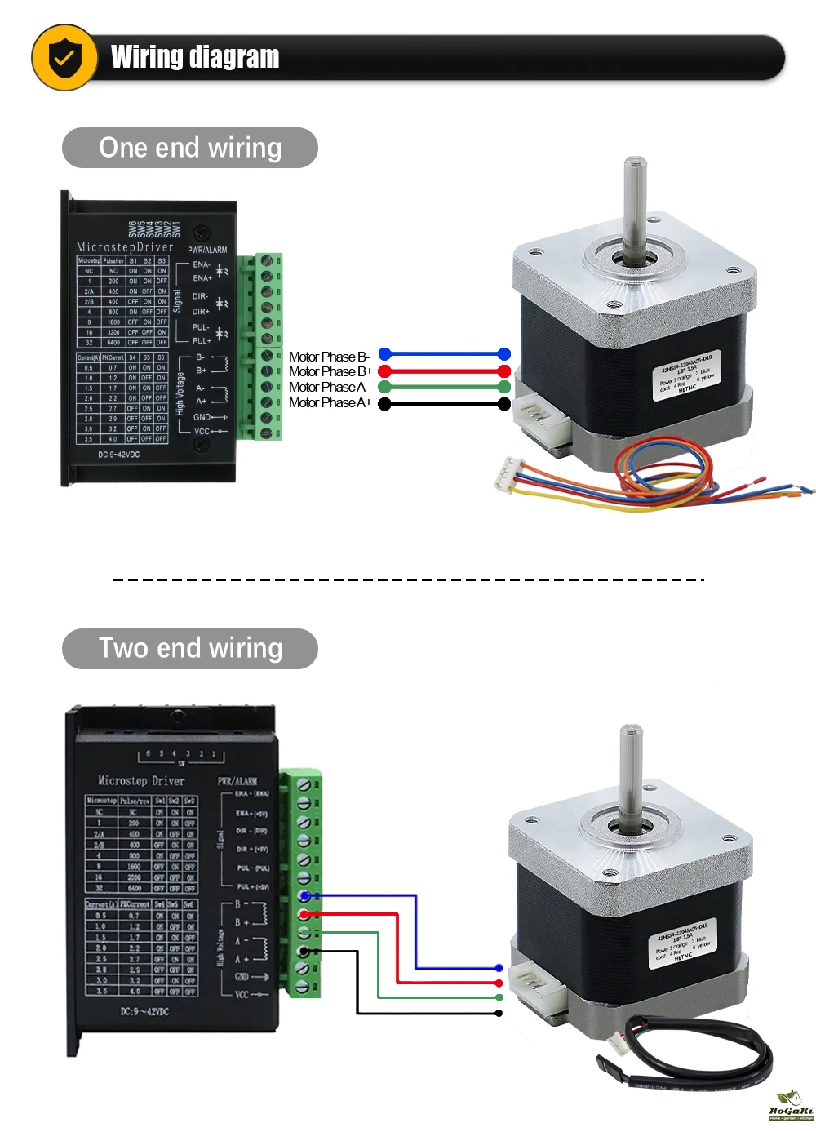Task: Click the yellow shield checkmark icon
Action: (64, 57)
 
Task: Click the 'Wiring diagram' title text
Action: (195, 57)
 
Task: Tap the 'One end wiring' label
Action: (190, 148)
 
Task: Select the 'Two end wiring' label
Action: (190, 648)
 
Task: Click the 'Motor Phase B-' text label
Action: (329, 357)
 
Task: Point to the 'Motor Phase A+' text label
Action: (330, 402)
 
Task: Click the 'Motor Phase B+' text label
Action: (330, 371)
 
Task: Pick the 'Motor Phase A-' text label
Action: (329, 387)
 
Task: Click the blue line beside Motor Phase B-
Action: (445, 354)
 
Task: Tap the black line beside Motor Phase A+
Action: (445, 404)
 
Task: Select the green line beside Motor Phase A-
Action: (445, 387)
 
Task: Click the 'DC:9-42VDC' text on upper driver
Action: (119, 455)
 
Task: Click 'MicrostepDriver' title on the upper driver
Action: (125, 246)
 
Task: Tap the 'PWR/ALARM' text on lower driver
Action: (237, 781)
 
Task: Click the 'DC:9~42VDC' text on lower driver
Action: (144, 1011)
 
